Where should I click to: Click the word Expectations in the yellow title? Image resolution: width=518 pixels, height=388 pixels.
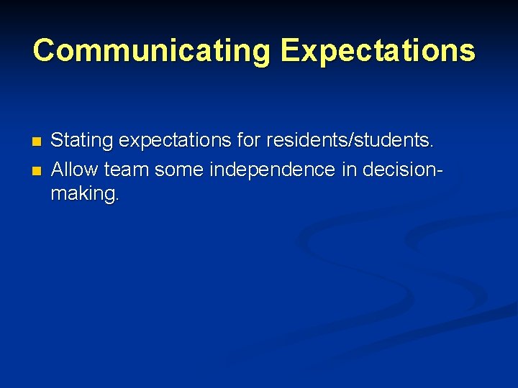tap(378, 51)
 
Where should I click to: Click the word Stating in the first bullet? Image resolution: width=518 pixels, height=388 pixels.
tap(81, 140)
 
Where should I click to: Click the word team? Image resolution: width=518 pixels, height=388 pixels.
tap(127, 170)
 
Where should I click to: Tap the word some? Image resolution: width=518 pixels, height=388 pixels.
tap(178, 170)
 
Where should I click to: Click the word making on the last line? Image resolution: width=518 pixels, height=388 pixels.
tap(82, 194)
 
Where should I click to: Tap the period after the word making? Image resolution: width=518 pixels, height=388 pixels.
tap(117, 200)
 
